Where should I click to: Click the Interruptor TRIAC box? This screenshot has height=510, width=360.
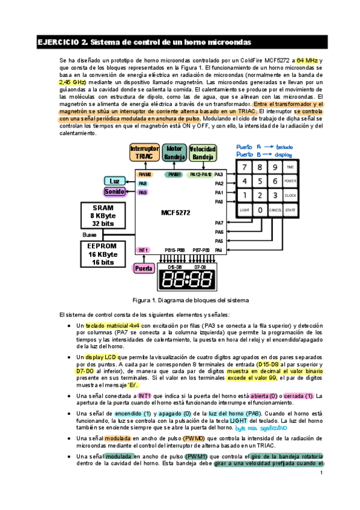(x=145, y=153)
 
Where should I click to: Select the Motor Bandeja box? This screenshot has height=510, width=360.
(x=174, y=153)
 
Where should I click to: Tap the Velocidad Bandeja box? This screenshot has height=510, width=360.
(x=204, y=153)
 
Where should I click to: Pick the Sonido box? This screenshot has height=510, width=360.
(x=114, y=191)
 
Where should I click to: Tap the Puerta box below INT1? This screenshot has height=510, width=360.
(x=143, y=268)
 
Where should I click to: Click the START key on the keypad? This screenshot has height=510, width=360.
(x=290, y=210)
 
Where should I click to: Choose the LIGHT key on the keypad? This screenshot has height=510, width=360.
(x=244, y=210)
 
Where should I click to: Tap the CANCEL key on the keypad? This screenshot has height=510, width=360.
(x=275, y=210)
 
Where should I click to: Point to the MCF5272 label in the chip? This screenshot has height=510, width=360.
(x=176, y=212)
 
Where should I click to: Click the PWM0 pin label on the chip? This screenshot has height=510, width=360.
(x=145, y=174)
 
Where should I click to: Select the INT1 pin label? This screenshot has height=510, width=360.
(x=143, y=250)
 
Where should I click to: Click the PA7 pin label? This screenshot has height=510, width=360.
(x=219, y=223)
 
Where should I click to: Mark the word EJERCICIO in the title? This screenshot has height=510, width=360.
(x=58, y=42)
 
